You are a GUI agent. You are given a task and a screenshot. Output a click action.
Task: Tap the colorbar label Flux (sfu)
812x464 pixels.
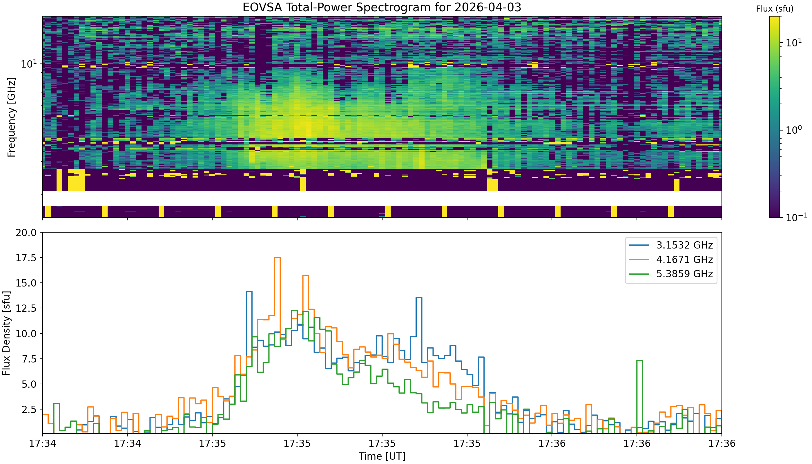tap(775, 9)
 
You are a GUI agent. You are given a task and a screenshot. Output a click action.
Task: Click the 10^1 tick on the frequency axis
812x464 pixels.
tap(29, 64)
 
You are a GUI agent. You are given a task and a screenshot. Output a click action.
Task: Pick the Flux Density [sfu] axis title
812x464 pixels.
tap(6, 333)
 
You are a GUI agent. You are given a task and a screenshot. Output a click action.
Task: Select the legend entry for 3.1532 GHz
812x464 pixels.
tap(671, 245)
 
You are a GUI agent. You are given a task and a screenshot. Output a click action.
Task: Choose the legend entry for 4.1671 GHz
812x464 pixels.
tap(671, 260)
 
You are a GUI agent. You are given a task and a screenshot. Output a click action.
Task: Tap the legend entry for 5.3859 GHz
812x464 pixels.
tap(671, 274)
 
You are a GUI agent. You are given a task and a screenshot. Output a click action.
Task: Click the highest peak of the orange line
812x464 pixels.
tap(277, 258)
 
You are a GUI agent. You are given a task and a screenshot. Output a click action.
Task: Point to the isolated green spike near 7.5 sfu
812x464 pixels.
tap(639, 360)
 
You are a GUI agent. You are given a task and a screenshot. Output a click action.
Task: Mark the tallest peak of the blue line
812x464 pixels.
tap(249, 291)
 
